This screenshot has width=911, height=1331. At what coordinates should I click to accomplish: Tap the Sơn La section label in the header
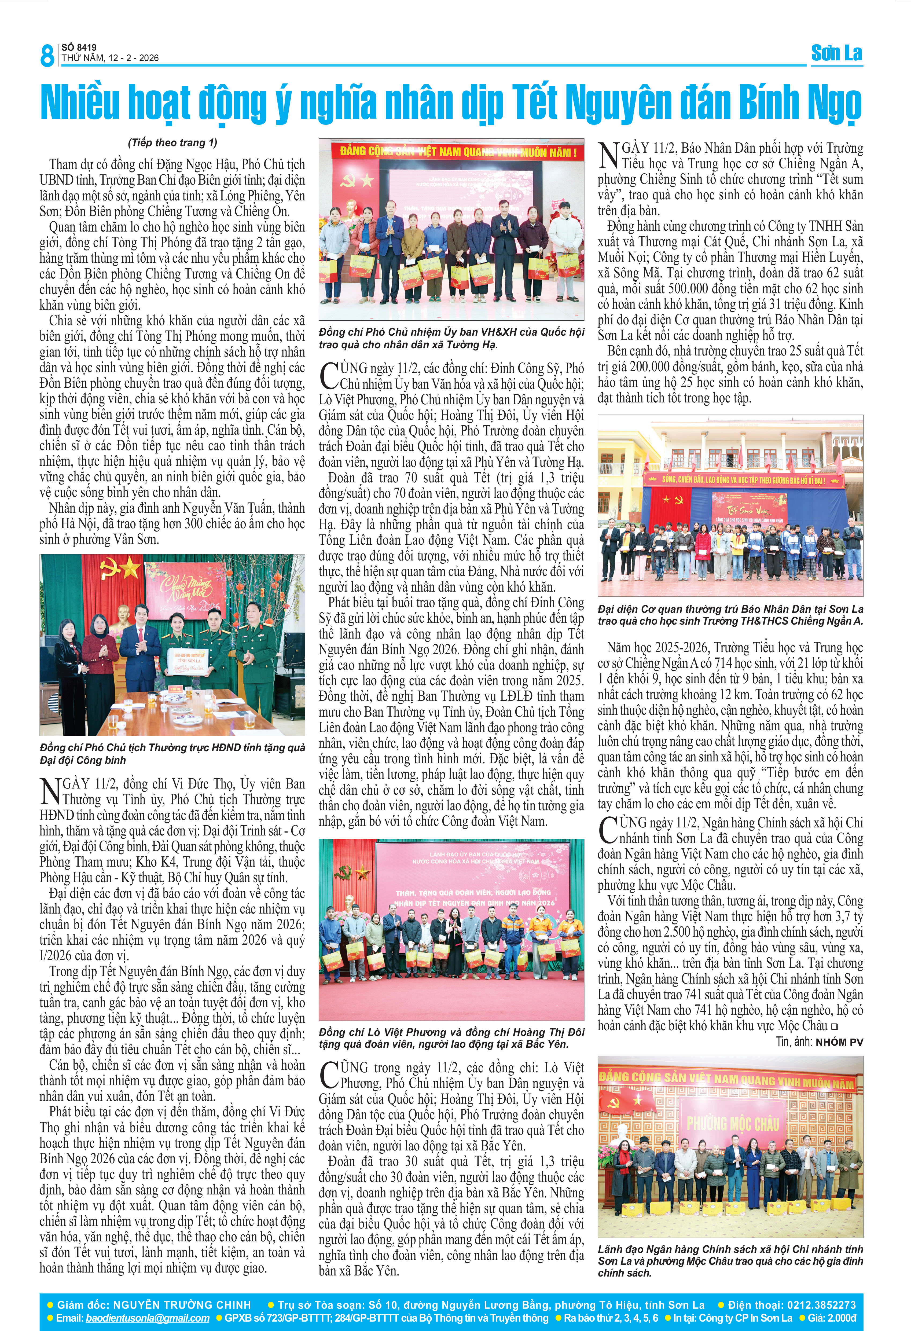(x=837, y=53)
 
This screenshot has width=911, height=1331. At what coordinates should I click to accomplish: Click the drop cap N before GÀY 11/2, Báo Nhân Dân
(x=609, y=156)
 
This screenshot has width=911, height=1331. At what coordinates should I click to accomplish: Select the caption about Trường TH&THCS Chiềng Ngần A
(x=730, y=615)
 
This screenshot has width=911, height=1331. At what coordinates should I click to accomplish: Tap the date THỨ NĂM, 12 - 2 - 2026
(x=110, y=58)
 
